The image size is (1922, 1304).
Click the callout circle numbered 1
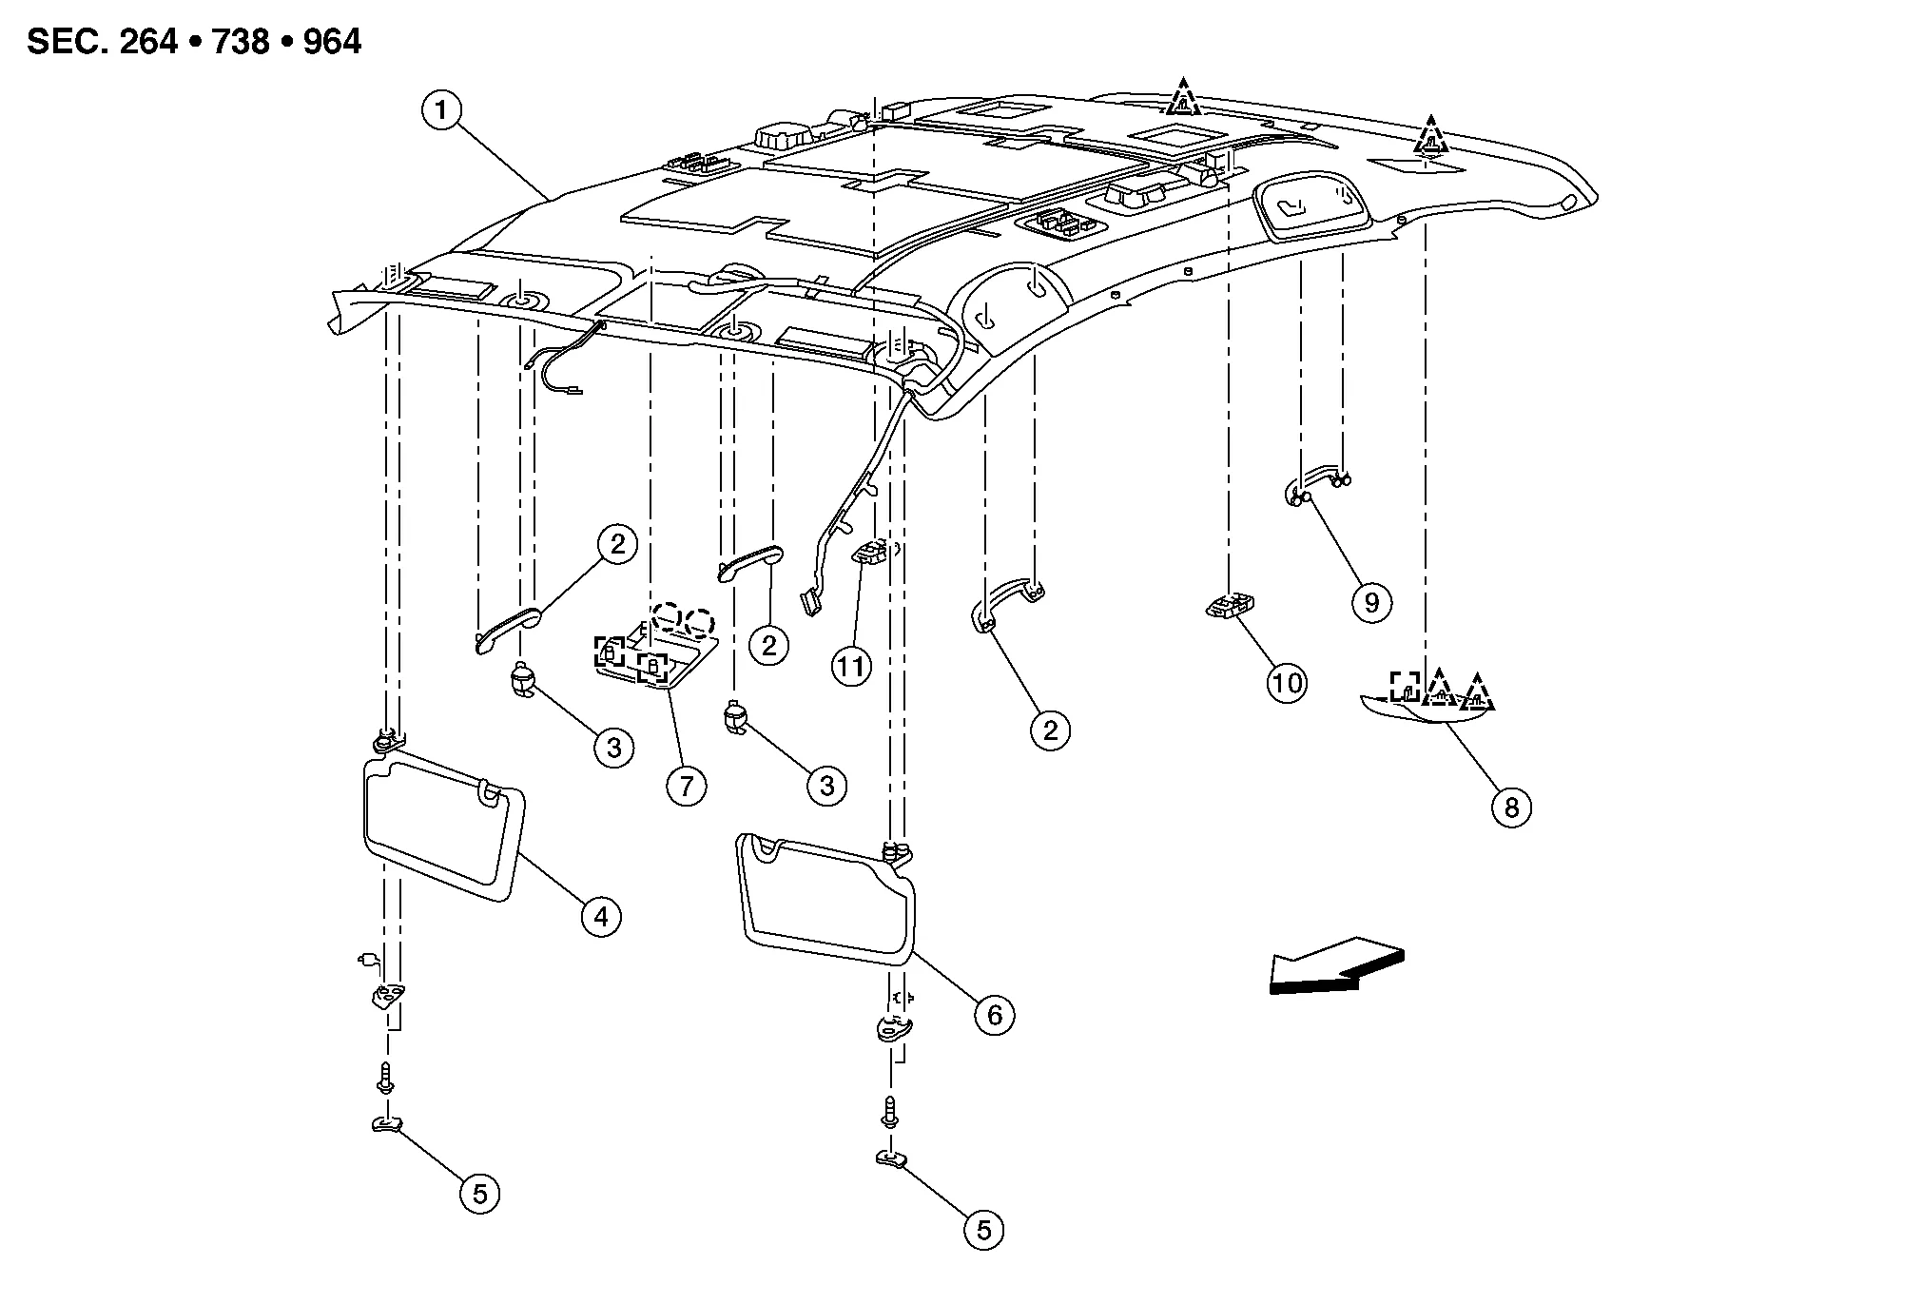tap(440, 111)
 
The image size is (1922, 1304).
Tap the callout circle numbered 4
tap(600, 916)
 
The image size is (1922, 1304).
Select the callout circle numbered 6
tap(994, 1015)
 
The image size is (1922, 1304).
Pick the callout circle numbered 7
tap(686, 786)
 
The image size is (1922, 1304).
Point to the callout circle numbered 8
tap(1510, 808)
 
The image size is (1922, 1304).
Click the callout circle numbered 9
tap(1370, 602)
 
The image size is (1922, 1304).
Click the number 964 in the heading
tap(332, 43)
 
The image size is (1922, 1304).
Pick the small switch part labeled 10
tap(1231, 607)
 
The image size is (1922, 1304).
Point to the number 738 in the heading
tap(241, 43)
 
